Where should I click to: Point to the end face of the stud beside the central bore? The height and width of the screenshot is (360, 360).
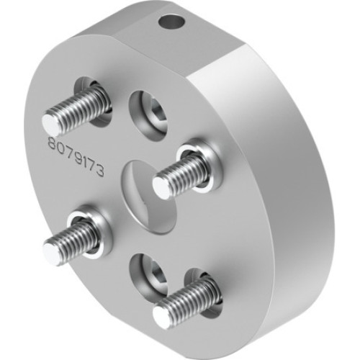point(162,187)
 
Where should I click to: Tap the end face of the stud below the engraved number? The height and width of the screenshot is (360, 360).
point(52,252)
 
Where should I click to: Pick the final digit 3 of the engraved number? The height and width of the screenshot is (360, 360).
point(102,171)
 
